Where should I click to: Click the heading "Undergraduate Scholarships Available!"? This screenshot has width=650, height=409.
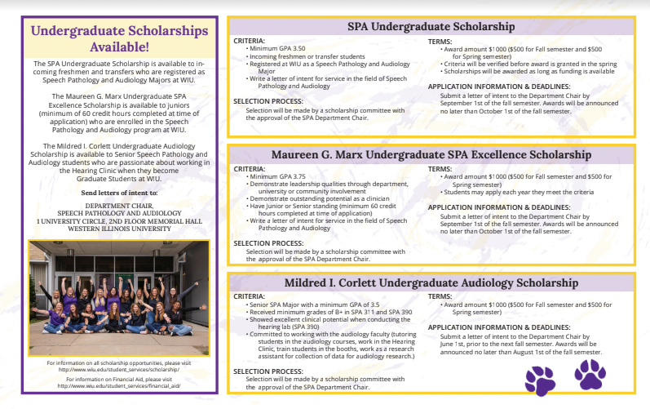[119, 38]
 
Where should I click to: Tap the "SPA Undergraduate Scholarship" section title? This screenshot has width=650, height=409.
[430, 27]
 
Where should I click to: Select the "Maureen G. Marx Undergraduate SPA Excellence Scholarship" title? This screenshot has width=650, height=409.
[430, 154]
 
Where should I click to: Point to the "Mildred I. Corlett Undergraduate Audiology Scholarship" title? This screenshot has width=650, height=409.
[430, 282]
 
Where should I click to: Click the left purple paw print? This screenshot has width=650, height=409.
[540, 380]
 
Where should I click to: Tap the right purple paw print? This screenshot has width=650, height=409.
[590, 374]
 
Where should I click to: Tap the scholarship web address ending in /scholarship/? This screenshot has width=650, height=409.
[119, 368]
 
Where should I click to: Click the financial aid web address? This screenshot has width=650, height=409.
[119, 386]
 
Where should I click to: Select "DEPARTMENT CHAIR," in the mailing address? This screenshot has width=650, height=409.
[119, 206]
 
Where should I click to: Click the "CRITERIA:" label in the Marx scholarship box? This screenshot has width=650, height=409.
[250, 169]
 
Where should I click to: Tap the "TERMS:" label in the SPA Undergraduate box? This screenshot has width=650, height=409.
[440, 41]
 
